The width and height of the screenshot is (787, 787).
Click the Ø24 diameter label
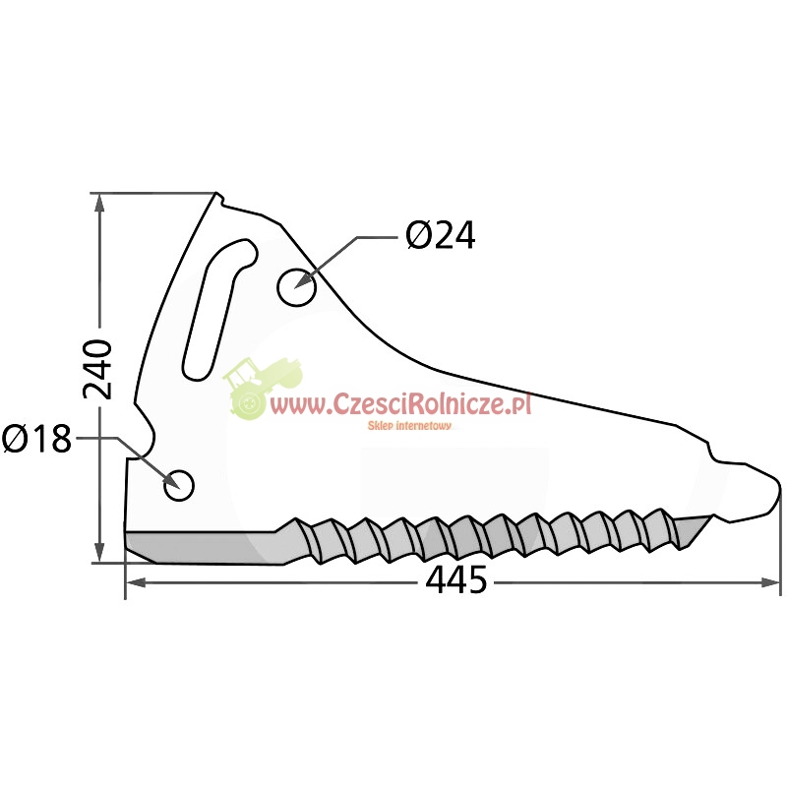(x=440, y=235)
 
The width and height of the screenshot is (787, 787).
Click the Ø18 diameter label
(x=36, y=438)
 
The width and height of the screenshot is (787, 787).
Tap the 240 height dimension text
(x=97, y=370)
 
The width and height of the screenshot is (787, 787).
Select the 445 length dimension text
(x=455, y=579)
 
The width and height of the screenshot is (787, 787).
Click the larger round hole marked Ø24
(x=297, y=286)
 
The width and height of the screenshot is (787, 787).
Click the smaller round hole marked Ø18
(x=179, y=485)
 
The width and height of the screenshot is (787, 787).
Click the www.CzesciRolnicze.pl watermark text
(x=400, y=403)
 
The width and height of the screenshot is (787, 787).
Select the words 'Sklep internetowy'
(x=409, y=426)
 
